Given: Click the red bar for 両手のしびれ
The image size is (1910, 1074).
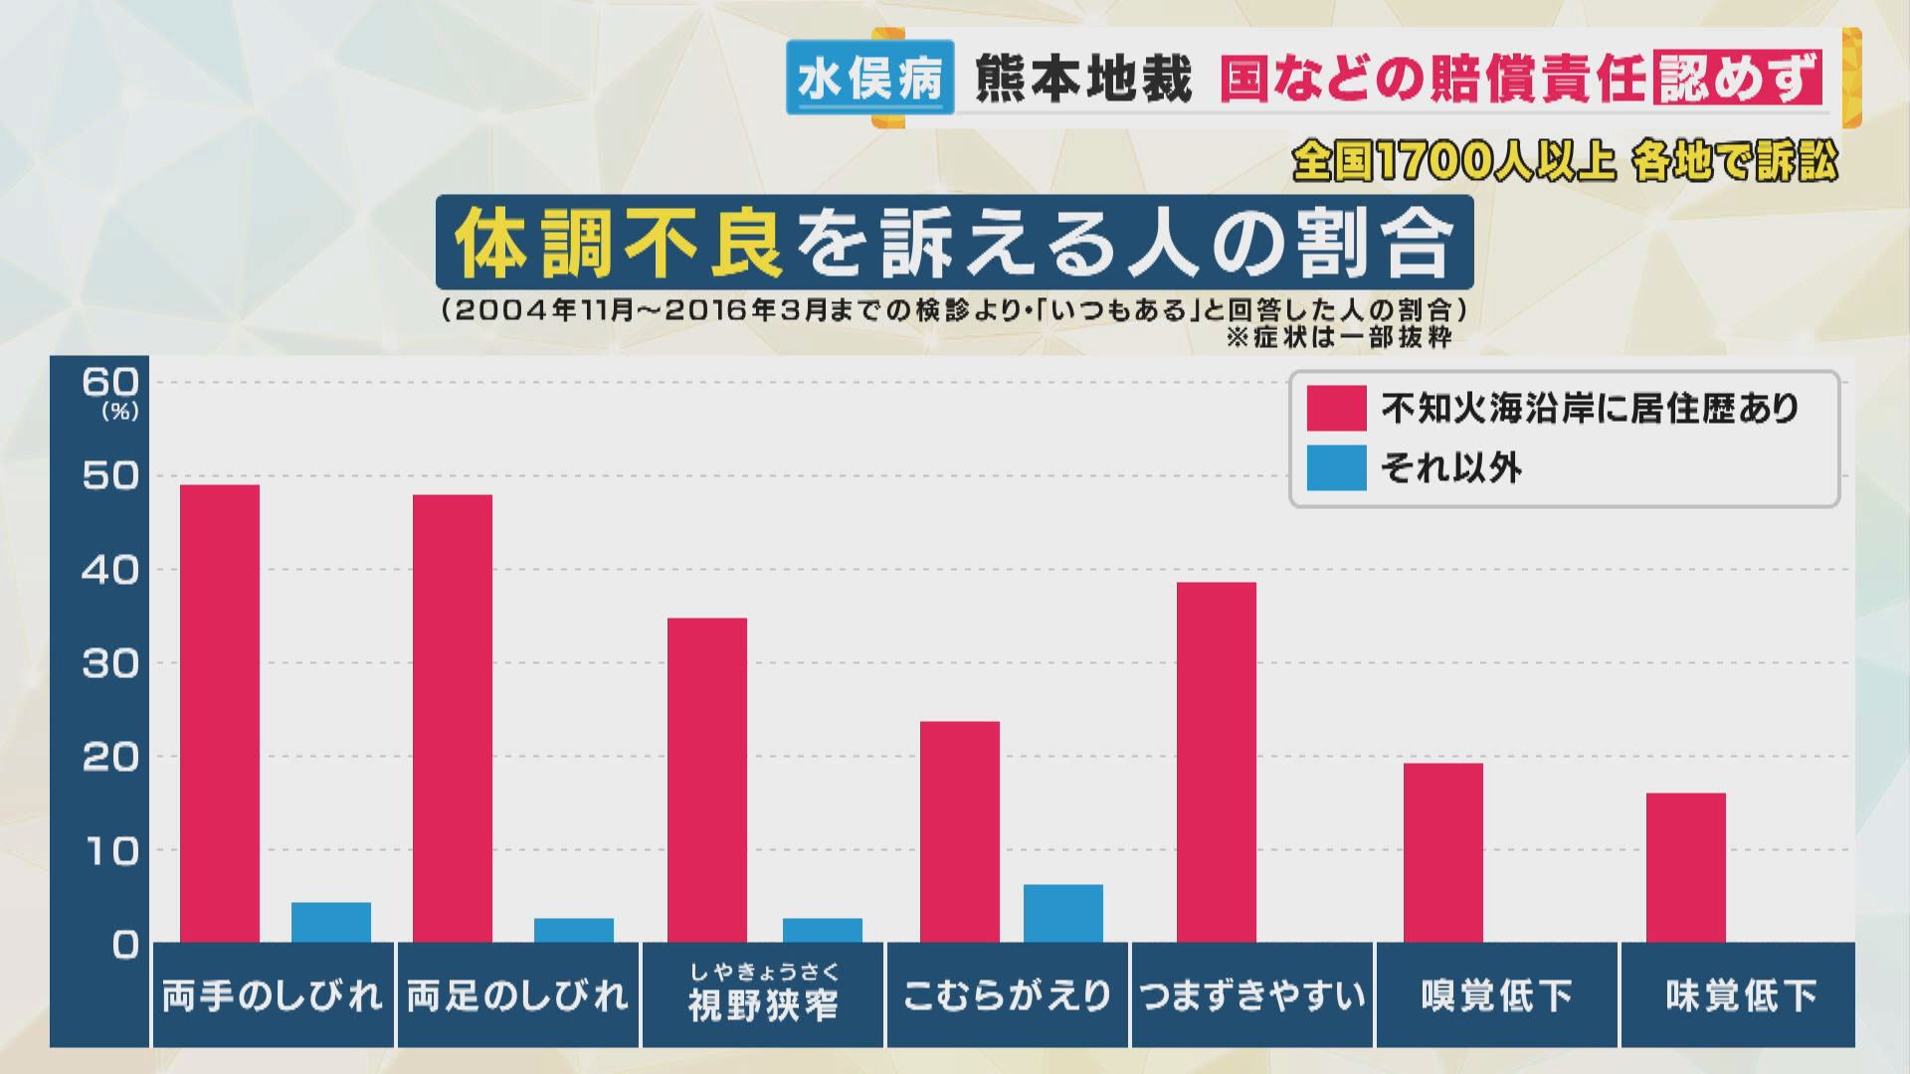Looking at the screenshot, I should pos(219,713).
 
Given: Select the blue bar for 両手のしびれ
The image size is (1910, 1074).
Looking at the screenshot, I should pos(330,922).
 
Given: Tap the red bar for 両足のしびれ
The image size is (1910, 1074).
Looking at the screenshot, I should pos(452,718).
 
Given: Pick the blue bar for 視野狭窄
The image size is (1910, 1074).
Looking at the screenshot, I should pos(822,930).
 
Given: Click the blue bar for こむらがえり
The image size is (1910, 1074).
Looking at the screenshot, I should pos(1062,913).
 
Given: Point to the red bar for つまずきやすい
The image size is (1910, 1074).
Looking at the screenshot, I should pos(1216,762).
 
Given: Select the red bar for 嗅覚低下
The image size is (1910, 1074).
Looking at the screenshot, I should pos(1442,852).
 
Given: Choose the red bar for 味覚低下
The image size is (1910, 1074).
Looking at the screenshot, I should pos(1685,867).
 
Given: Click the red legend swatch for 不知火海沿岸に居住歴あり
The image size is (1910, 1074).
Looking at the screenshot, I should pos(1336,408).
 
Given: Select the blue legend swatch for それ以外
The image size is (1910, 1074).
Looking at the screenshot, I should pos(1336,467).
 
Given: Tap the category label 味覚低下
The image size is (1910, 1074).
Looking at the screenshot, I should pos(1740,995).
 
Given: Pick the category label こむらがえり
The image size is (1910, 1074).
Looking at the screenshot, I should pos(1007,995).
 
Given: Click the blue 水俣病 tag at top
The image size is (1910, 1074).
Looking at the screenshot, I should pos(869,78).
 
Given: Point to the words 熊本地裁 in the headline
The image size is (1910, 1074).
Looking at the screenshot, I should pos(1082,78).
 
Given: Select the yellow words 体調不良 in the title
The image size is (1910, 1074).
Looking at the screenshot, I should pos(619,244).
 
